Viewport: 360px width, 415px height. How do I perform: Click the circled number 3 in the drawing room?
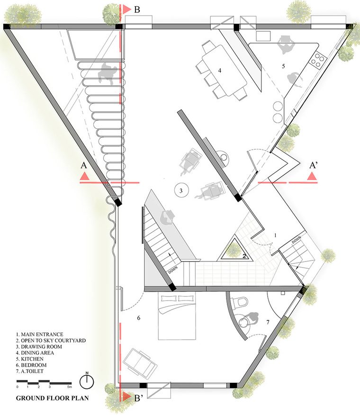(181, 190)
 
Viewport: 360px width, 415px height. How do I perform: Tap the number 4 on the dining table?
(219, 71)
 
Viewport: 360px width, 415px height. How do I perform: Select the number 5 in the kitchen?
(283, 66)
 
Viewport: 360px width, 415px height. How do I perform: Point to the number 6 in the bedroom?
(138, 318)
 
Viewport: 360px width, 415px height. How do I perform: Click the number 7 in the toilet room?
(268, 322)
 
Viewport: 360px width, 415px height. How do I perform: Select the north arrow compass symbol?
(87, 381)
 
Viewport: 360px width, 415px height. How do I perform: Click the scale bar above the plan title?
(44, 382)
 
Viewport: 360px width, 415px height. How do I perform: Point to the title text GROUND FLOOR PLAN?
(53, 398)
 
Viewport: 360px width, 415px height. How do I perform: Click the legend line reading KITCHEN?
(30, 359)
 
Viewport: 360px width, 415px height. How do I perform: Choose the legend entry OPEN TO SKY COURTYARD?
(51, 340)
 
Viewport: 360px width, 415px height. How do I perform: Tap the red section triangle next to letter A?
(84, 176)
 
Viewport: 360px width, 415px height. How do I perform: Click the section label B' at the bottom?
(139, 398)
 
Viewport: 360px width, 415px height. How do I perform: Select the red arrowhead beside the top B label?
(127, 9)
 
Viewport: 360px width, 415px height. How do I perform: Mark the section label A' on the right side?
(314, 165)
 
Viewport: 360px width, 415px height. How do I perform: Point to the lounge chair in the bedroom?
(140, 362)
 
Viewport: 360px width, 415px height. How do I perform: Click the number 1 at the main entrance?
(275, 235)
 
